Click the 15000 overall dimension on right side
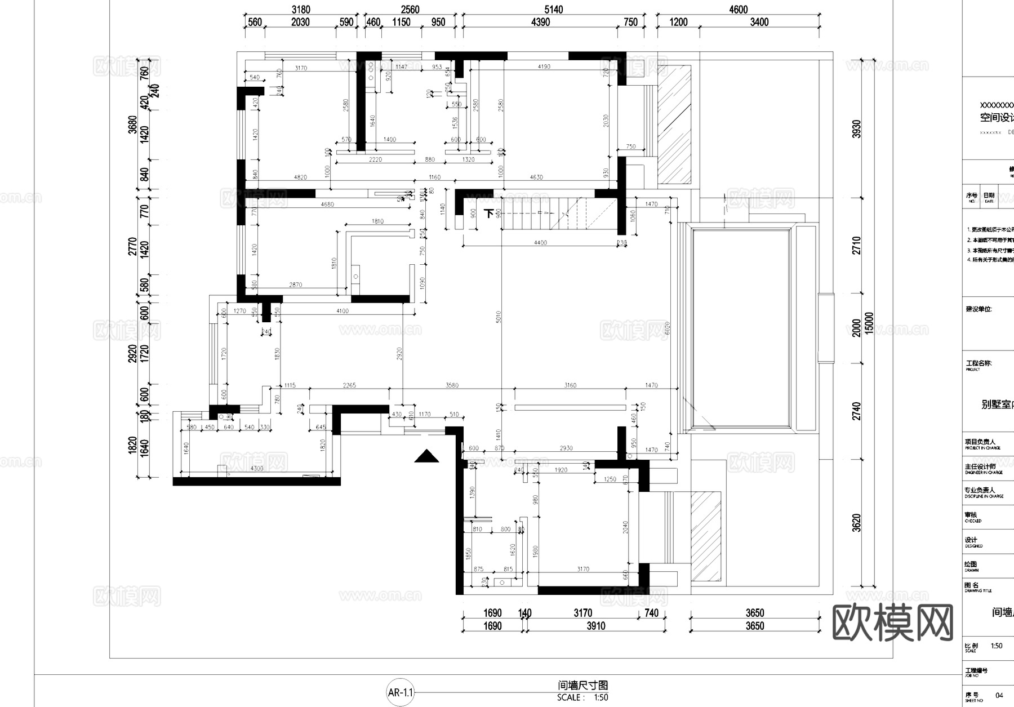coord(869,323)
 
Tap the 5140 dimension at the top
coord(553,10)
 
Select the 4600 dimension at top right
coord(738,10)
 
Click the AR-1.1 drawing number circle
coord(400,692)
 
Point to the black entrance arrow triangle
coord(426,456)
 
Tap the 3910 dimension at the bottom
coord(595,626)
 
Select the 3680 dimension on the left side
coord(133,124)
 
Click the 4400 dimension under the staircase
coord(540,243)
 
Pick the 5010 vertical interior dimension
coord(499,317)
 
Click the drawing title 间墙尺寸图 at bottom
coord(582,686)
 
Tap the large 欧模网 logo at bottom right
coord(892,623)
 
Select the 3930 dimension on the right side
coord(857,129)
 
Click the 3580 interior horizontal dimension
coord(452,385)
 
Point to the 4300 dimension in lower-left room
coord(256,469)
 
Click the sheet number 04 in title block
coord(999,696)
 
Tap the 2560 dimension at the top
coord(410,10)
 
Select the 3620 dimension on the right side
coord(857,523)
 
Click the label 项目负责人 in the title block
coord(980,442)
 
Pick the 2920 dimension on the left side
coord(133,353)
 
